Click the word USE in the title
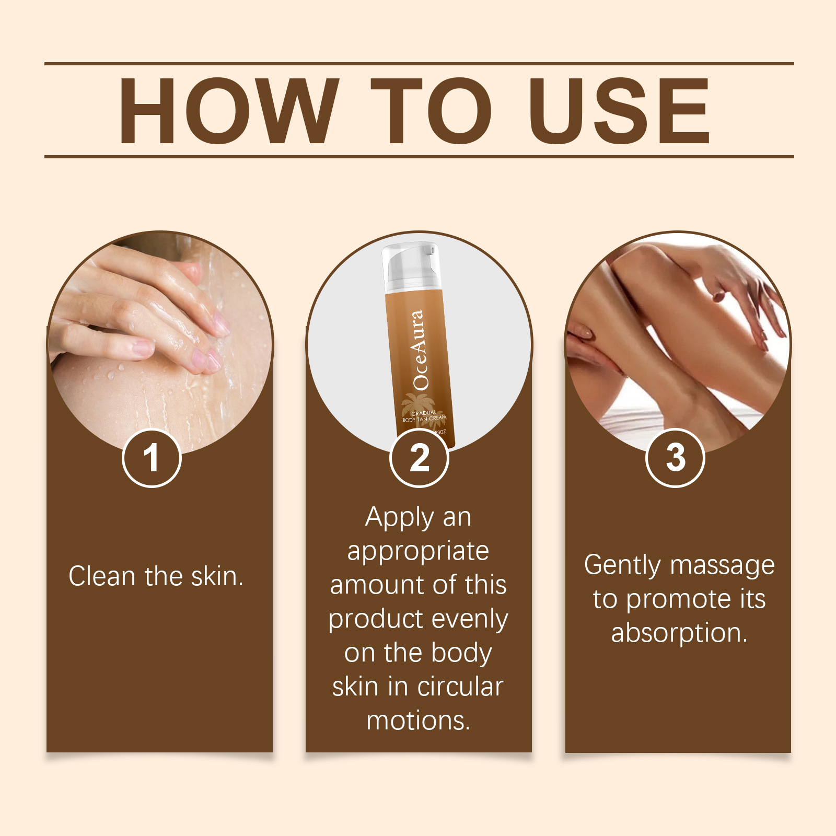(620, 110)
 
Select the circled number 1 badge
(152, 458)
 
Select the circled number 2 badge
(419, 458)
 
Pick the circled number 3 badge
(676, 458)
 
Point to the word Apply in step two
(400, 518)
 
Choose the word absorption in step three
(679, 634)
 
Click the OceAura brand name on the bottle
(420, 350)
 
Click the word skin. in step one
(217, 576)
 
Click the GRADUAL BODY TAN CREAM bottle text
(424, 416)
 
